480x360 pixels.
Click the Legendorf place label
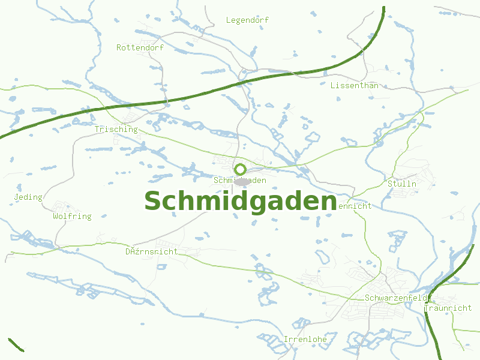pos(247,20)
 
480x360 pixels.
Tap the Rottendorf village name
pos(140,47)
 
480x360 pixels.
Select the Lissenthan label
pos(354,86)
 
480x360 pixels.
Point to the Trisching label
pos(116,130)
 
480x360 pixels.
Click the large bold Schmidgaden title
pos(240,202)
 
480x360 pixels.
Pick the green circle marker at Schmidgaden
pos(240,169)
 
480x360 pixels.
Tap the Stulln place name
pos(402,184)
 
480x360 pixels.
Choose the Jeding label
pos(28,197)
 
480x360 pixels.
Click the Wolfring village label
pos(72,217)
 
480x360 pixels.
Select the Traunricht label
pos(448,308)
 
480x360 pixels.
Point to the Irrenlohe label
pos(305,340)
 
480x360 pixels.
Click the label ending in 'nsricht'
pos(151,252)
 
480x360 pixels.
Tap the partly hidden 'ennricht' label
pos(355,206)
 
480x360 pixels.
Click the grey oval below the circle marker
pos(241,181)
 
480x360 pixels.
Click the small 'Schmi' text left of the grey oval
pos(223,181)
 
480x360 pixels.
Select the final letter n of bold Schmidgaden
pos(326,203)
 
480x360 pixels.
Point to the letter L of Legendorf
pos(229,20)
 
